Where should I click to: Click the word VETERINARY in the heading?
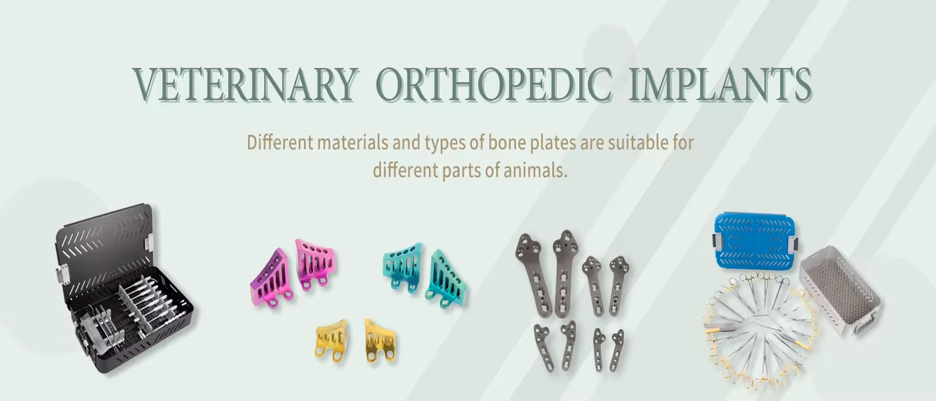[x=246, y=85]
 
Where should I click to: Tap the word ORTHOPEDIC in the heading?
[x=494, y=85]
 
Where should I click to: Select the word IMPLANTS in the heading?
[x=721, y=85]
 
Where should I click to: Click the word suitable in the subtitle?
[x=638, y=143]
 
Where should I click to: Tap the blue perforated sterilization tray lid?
[x=755, y=240]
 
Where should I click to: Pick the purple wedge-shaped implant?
[x=271, y=278]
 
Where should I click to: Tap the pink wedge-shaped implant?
[x=316, y=264]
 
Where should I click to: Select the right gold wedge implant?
[x=380, y=340]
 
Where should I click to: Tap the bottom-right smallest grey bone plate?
[x=616, y=350]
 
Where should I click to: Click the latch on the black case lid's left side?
[x=63, y=275]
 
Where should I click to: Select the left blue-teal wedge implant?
[x=403, y=266]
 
